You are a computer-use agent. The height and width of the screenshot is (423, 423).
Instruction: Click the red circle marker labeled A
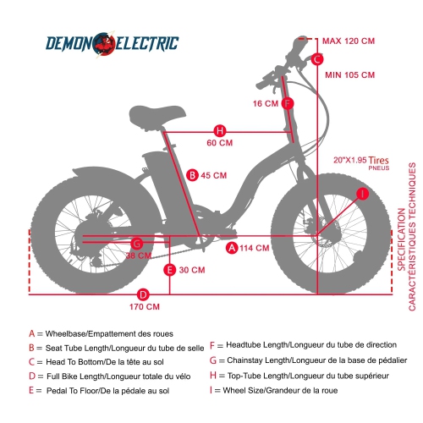click(232, 248)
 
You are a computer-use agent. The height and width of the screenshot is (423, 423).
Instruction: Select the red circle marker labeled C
click(316, 59)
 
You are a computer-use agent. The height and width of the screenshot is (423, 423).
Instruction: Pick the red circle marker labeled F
click(288, 103)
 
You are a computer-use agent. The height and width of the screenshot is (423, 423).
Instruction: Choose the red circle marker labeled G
click(137, 244)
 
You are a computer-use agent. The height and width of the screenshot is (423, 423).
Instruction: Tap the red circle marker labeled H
click(219, 130)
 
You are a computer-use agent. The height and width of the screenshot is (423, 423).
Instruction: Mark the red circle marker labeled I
click(362, 194)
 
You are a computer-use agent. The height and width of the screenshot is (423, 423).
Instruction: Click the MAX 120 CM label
click(349, 41)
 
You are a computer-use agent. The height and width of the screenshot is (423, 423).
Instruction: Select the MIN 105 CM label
click(349, 74)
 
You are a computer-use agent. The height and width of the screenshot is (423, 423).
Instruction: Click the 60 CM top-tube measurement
click(219, 143)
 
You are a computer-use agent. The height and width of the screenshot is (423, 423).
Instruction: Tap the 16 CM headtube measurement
click(266, 103)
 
